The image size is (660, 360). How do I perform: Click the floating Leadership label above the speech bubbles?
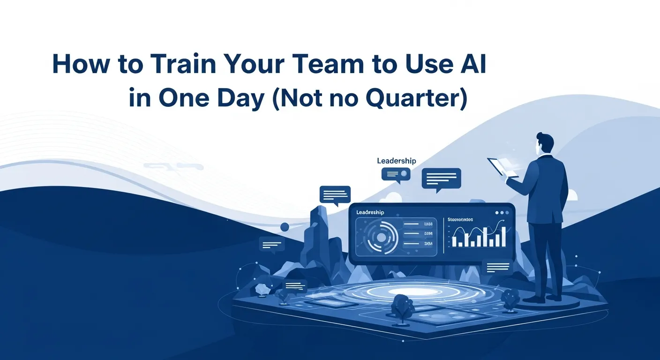pos(396,161)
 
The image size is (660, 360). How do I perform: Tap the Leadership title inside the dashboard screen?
pos(370,212)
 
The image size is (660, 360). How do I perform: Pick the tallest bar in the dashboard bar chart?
pos(503,237)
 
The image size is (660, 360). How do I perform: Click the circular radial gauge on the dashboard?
pos(381,238)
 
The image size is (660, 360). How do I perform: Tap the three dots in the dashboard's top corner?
pos(502,212)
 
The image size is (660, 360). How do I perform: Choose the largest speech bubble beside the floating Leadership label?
pos(441,179)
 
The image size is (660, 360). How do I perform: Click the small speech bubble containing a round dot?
pos(396,175)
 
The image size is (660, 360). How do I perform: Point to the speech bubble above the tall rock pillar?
pos(335,195)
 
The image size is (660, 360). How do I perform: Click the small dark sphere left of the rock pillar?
pos(285,227)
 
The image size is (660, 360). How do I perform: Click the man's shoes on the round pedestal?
pos(544,298)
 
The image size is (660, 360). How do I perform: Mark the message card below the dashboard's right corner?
pos(497,267)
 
